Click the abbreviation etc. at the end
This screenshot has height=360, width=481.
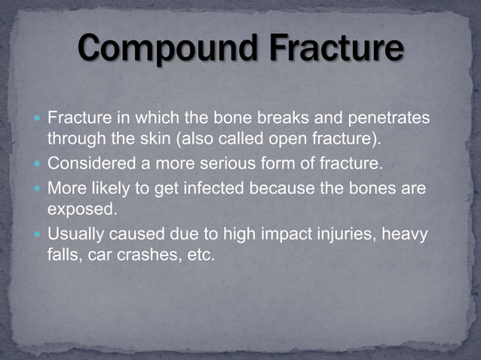pos(200,255)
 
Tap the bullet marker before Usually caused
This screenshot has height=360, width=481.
pos(37,235)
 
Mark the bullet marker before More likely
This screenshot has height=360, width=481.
pos(37,188)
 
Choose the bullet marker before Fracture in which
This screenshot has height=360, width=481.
pos(37,119)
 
